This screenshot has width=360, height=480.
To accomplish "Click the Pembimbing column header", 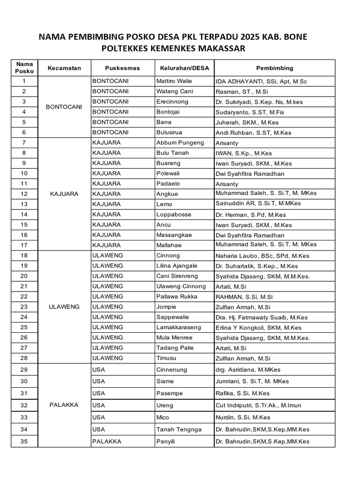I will point(274,68).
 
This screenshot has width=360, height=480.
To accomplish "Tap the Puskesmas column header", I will point(122,68).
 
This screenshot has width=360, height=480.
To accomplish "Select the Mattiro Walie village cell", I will point(174,81).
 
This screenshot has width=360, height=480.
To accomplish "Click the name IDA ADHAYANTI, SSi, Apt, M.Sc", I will point(261,82).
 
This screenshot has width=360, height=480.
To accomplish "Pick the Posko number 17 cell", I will point(24,245).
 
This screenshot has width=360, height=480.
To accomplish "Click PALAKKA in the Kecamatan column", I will point(64,405).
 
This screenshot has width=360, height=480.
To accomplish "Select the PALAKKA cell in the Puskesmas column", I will point(107,441).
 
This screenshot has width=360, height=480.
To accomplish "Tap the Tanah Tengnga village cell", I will point(179,429).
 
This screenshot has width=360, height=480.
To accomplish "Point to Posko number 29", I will point(24,370).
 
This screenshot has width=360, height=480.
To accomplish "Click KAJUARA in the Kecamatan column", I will point(64,194).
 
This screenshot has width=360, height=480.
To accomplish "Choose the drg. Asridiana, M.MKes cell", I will point(245,370).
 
